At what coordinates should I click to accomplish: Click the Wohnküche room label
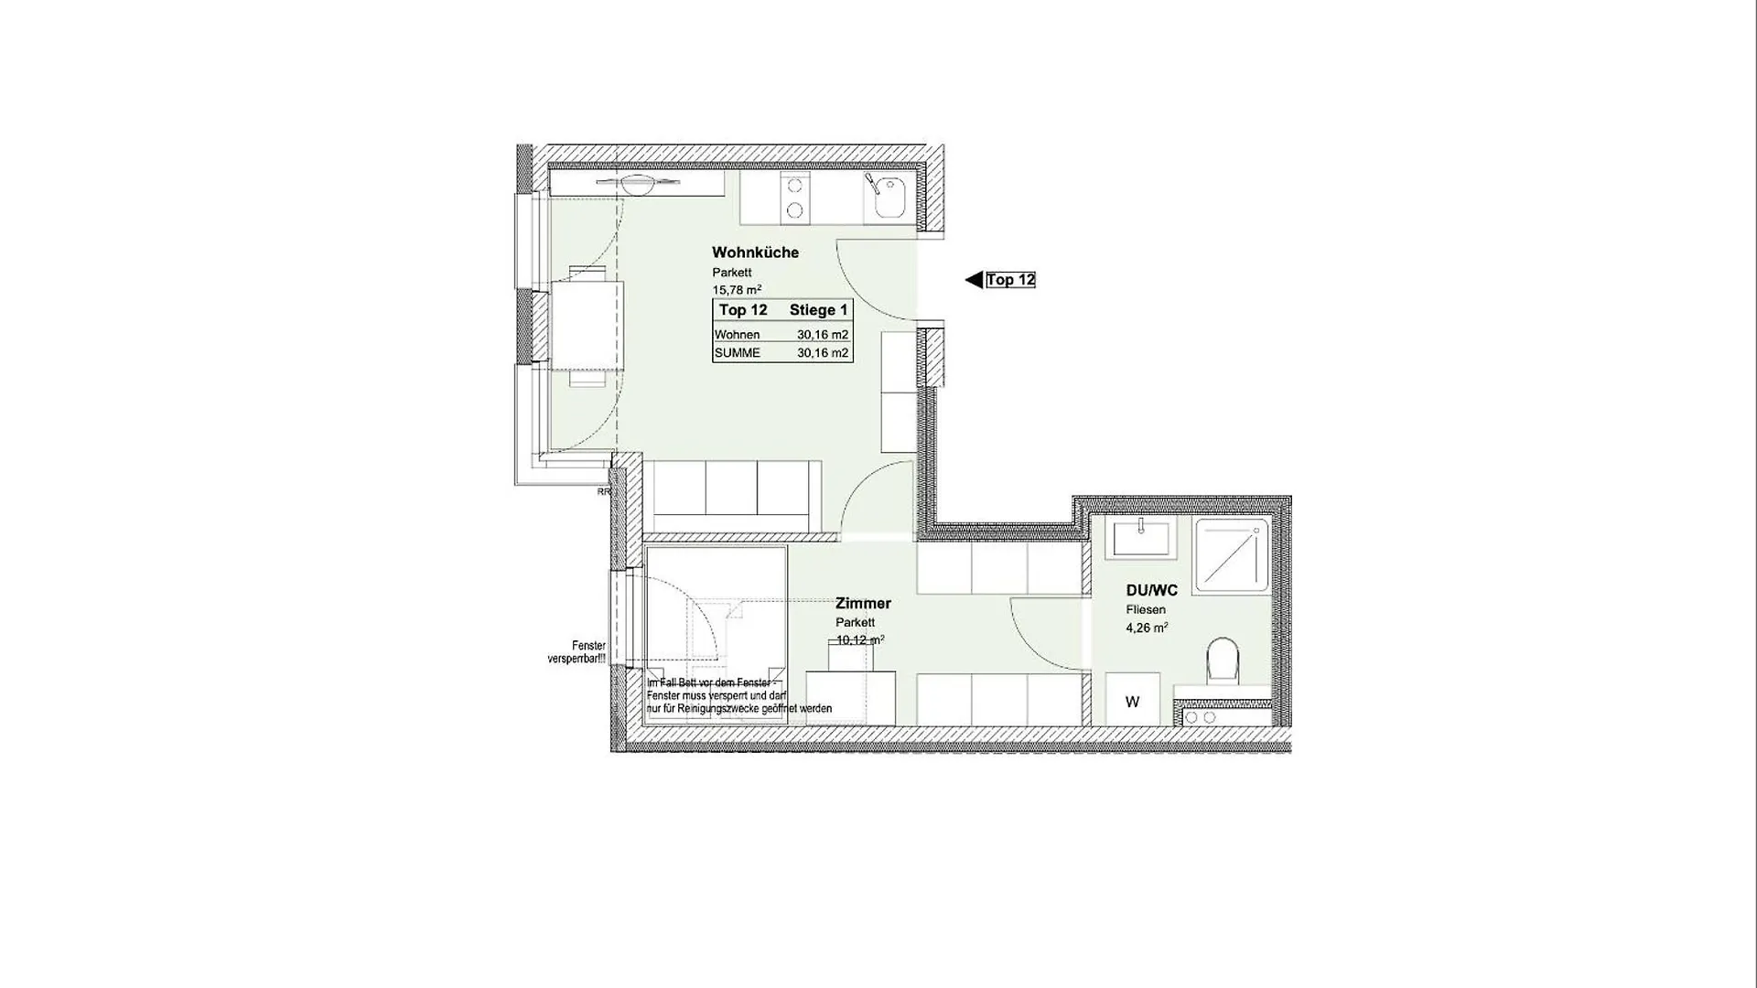click(755, 252)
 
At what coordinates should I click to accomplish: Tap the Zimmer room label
click(863, 604)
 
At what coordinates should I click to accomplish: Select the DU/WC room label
click(1151, 591)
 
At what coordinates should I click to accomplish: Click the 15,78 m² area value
click(737, 290)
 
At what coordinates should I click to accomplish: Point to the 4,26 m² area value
click(1147, 628)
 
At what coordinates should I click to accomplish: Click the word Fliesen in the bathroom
click(1146, 610)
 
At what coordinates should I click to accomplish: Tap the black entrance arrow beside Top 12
click(974, 280)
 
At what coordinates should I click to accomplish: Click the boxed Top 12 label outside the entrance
click(1010, 280)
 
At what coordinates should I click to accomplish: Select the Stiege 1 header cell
click(818, 310)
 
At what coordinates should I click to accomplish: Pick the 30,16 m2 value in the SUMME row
click(822, 353)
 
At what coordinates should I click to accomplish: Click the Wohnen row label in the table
click(737, 335)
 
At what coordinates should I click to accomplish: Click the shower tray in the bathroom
click(1231, 555)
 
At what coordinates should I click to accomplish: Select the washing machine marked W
click(1132, 702)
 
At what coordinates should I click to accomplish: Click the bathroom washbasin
click(1140, 538)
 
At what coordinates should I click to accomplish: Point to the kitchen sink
click(889, 198)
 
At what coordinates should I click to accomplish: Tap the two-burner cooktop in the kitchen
click(794, 198)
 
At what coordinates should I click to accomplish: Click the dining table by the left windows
click(586, 325)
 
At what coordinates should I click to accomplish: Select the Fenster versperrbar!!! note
click(577, 652)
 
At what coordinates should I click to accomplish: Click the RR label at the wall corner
click(603, 492)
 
